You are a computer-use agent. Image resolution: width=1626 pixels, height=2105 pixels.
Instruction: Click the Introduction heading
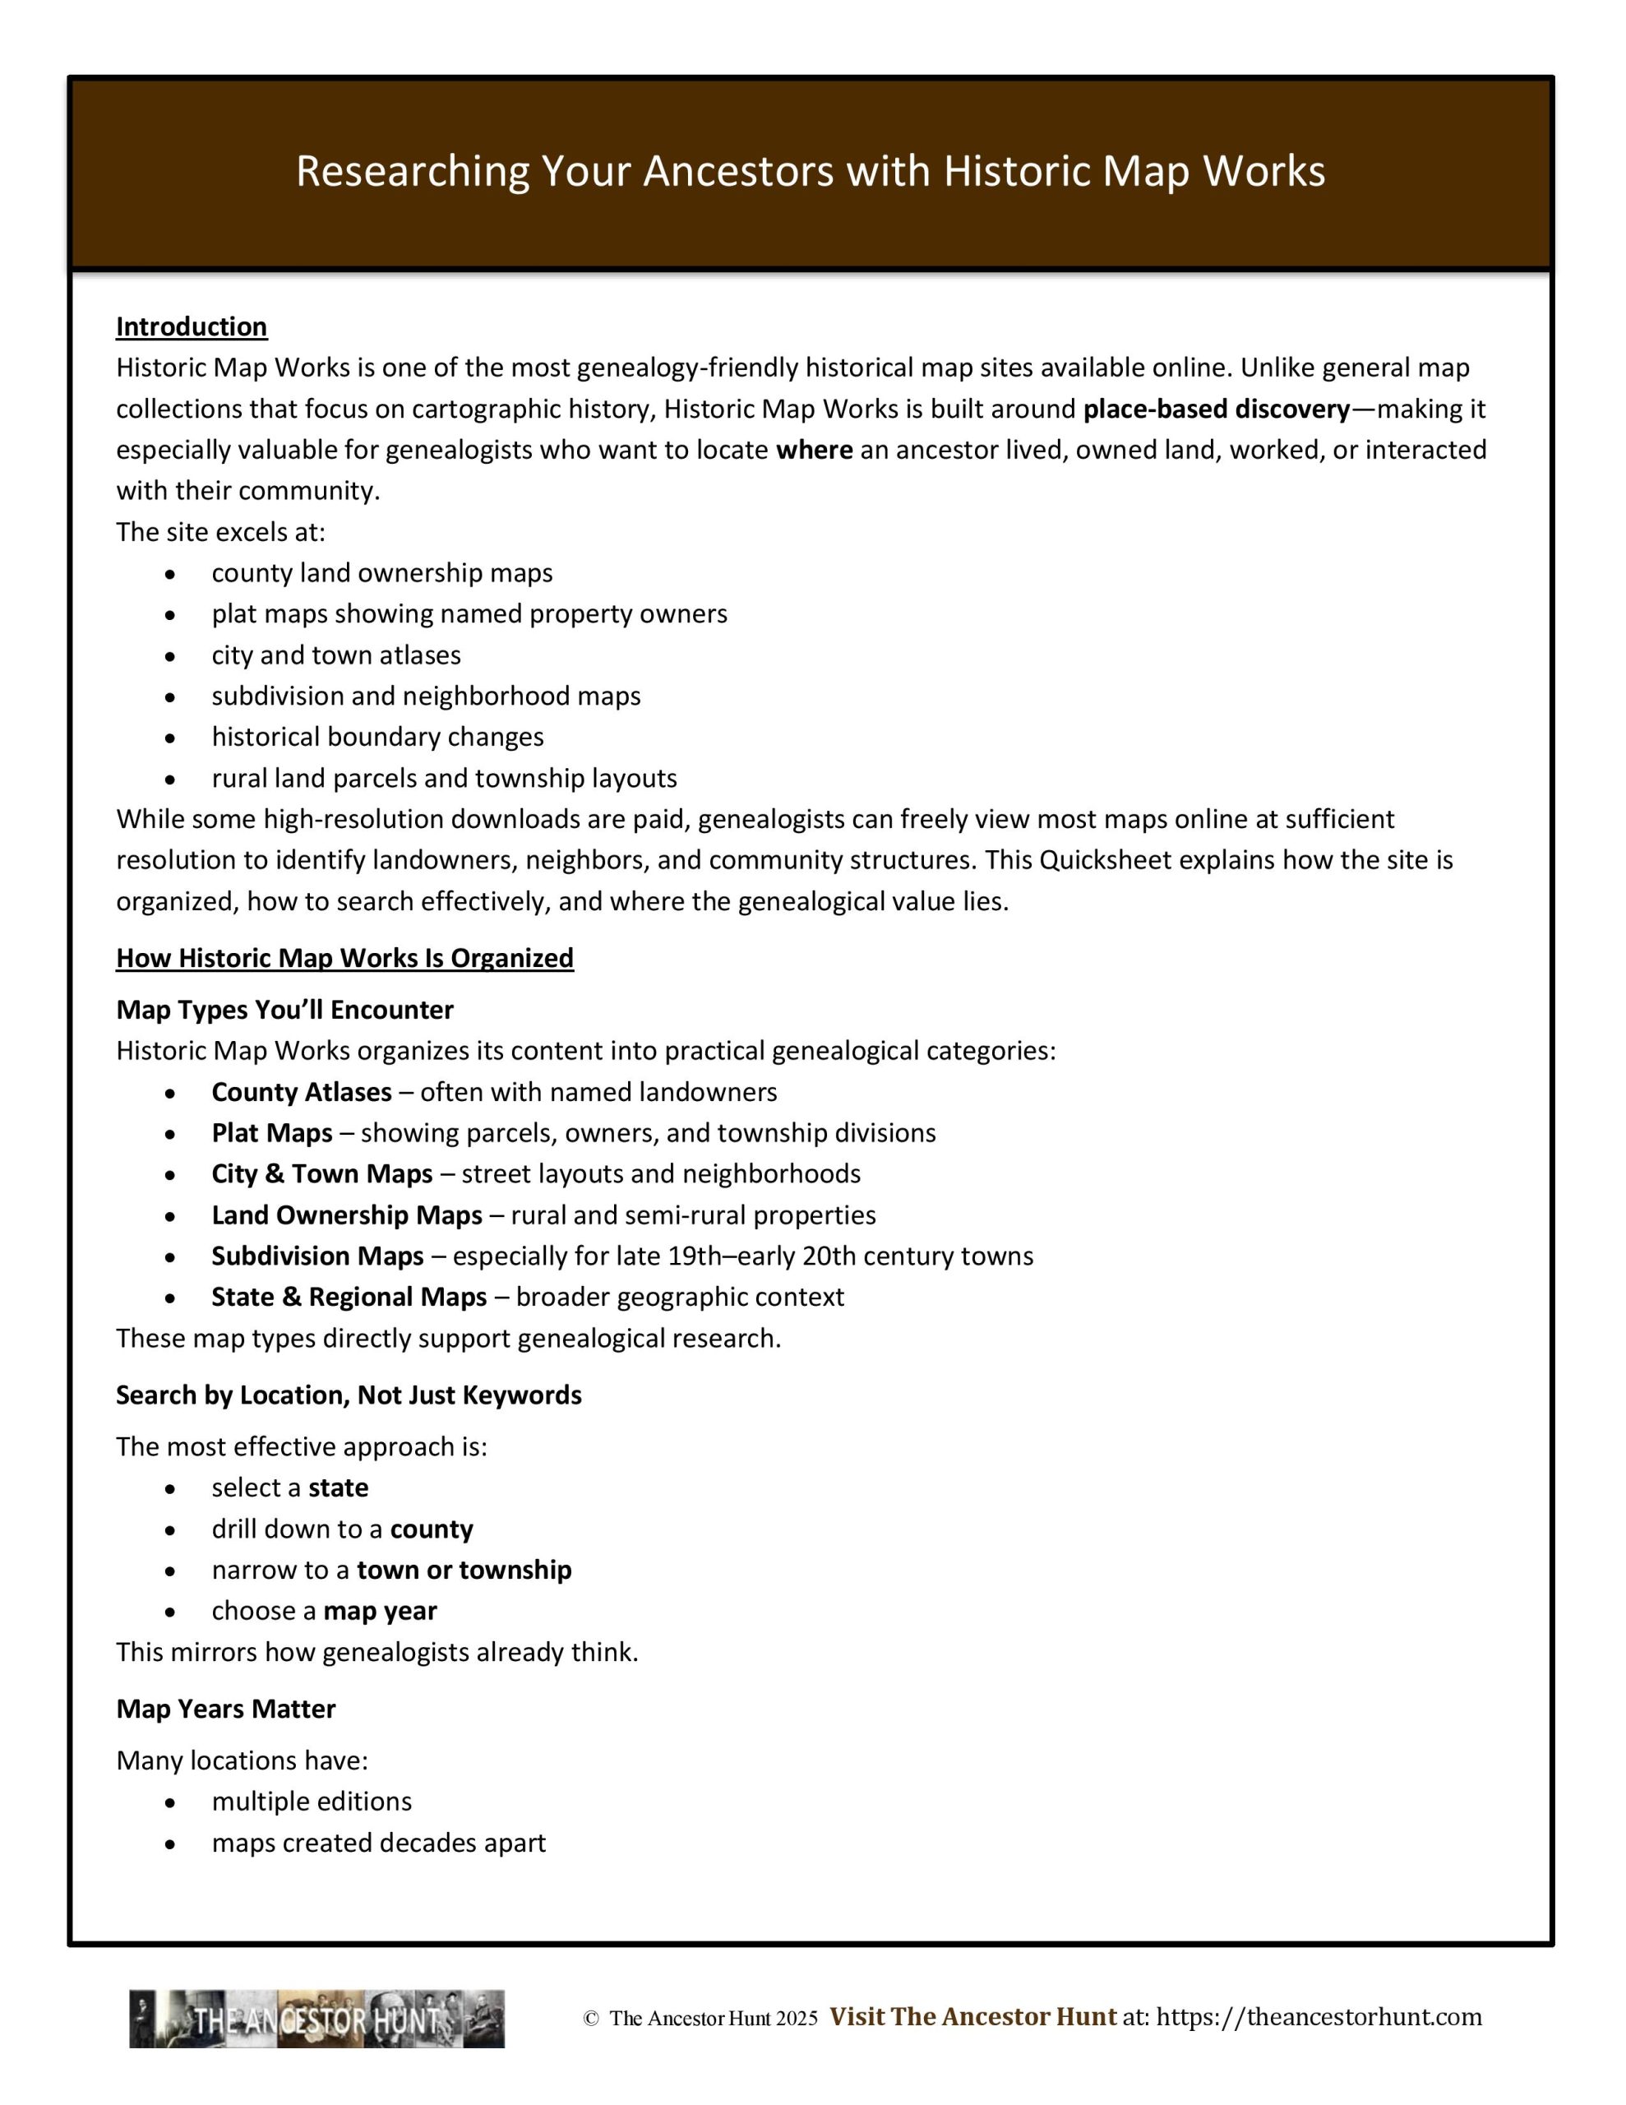point(191,326)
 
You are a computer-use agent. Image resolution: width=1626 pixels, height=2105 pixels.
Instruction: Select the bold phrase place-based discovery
point(1217,409)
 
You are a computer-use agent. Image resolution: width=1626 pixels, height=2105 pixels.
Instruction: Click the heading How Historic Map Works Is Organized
point(344,958)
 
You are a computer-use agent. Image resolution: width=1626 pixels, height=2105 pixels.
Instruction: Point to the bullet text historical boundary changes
point(378,738)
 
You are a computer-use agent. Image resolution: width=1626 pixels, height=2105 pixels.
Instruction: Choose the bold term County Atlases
point(302,1092)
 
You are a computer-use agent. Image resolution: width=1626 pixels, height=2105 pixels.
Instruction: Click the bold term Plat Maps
point(272,1133)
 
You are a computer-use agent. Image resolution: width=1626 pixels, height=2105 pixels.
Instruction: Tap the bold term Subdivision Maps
point(317,1256)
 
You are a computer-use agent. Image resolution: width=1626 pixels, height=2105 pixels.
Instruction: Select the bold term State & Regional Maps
point(349,1298)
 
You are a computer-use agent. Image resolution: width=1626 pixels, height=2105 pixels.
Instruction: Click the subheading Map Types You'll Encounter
point(284,1010)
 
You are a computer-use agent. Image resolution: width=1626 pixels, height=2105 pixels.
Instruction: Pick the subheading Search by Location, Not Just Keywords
point(349,1395)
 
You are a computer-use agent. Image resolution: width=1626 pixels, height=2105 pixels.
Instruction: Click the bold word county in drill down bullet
point(432,1529)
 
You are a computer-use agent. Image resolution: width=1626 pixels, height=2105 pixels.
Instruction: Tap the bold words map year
point(380,1612)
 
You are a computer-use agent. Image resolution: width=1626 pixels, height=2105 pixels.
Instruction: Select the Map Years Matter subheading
point(225,1709)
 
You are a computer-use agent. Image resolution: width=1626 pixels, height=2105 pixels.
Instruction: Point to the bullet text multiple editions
point(312,1802)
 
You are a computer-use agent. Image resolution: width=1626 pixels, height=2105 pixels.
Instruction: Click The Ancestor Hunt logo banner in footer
point(317,2019)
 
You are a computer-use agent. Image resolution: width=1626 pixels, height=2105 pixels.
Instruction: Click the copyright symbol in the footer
point(591,2019)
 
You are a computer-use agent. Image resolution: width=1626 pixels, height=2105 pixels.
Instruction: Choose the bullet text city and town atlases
point(336,655)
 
